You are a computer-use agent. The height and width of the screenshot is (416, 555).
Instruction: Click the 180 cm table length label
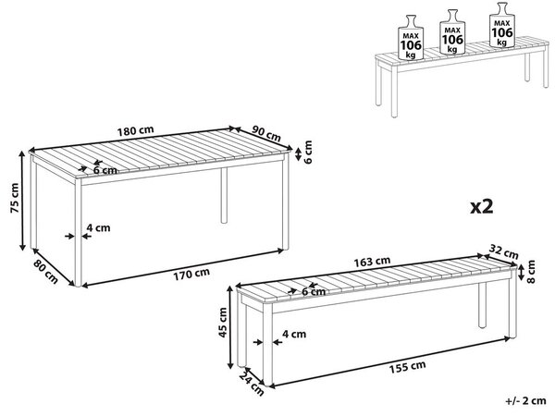pos(136,131)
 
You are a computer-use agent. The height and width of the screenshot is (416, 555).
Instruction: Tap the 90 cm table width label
pos(266,133)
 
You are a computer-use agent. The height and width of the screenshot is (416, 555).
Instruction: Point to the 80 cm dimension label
pos(45,271)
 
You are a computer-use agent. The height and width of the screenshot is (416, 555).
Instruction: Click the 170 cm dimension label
pos(191,274)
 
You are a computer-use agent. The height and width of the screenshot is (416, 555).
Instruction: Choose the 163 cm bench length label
pos(373,262)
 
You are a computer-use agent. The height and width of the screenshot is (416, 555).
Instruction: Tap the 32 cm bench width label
pos(503,251)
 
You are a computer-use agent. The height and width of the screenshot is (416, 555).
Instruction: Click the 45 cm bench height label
pos(223,323)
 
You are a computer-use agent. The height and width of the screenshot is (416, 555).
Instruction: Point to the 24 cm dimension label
pos(252,384)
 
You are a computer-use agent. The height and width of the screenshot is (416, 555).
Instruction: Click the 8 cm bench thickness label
pos(531,271)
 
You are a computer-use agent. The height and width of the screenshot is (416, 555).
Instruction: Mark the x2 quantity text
pos(481,206)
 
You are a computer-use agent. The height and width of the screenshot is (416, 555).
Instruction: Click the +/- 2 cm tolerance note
pos(525,401)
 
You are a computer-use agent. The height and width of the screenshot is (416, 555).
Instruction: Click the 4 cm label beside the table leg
pos(98,227)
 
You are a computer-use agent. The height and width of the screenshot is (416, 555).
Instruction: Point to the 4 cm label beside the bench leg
pos(294,334)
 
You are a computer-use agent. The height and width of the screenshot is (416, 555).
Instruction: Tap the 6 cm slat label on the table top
pos(105,170)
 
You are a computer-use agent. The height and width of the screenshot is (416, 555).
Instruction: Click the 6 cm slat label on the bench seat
pos(314,291)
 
